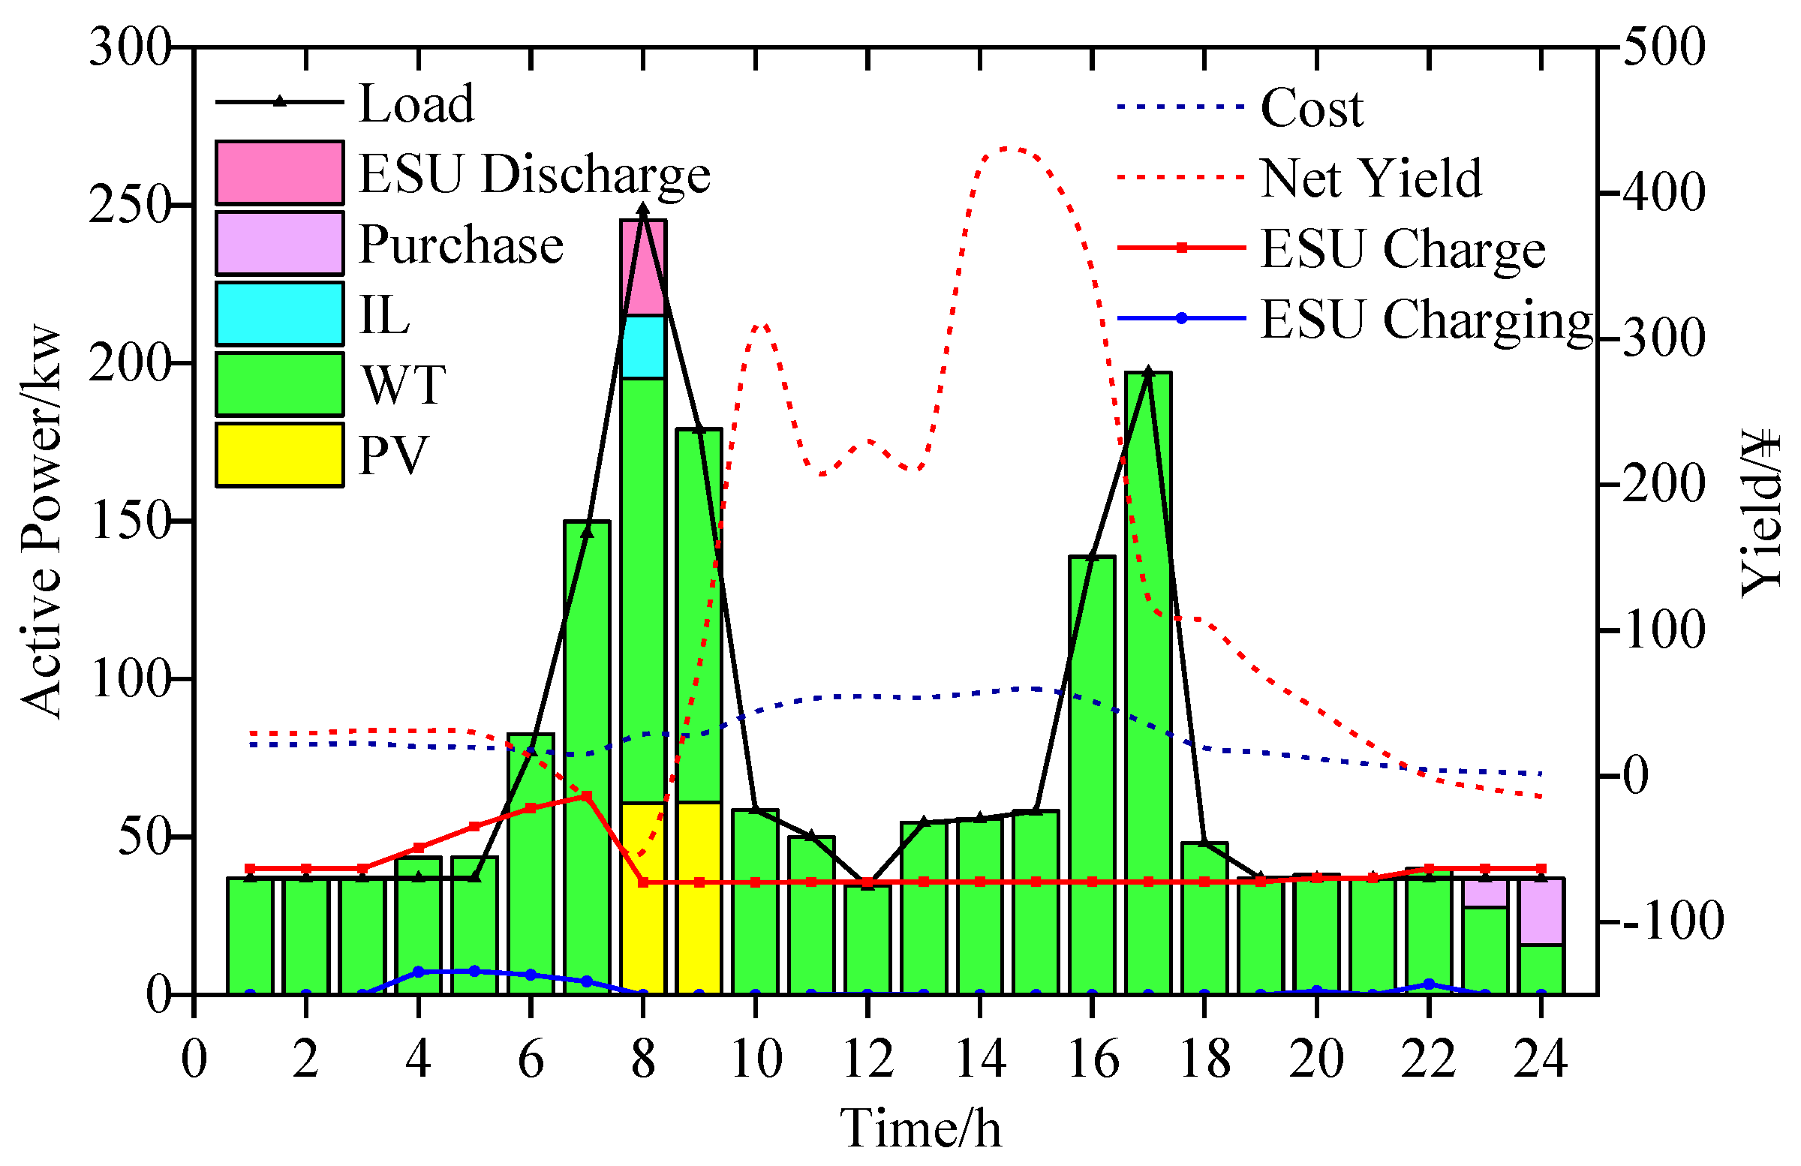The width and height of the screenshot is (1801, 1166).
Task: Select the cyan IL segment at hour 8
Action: click(x=643, y=347)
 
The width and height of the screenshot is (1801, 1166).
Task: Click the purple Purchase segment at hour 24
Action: click(x=1541, y=912)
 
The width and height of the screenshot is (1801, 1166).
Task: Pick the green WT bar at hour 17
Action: click(x=1148, y=681)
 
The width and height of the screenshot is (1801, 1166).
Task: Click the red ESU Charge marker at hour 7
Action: click(x=587, y=796)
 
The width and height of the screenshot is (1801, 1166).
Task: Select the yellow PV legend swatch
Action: click(x=279, y=455)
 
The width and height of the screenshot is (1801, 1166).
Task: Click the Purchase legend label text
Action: click(x=461, y=245)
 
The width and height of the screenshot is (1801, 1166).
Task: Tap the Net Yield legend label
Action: click(x=1370, y=179)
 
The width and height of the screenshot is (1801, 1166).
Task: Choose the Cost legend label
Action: click(x=1312, y=107)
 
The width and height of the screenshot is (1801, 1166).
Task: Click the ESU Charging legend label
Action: click(x=1427, y=320)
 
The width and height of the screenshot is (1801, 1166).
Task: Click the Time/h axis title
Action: click(x=920, y=1128)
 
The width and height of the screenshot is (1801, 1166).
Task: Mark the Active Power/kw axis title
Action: click(x=41, y=522)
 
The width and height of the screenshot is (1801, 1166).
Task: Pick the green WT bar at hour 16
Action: click(x=1092, y=772)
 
